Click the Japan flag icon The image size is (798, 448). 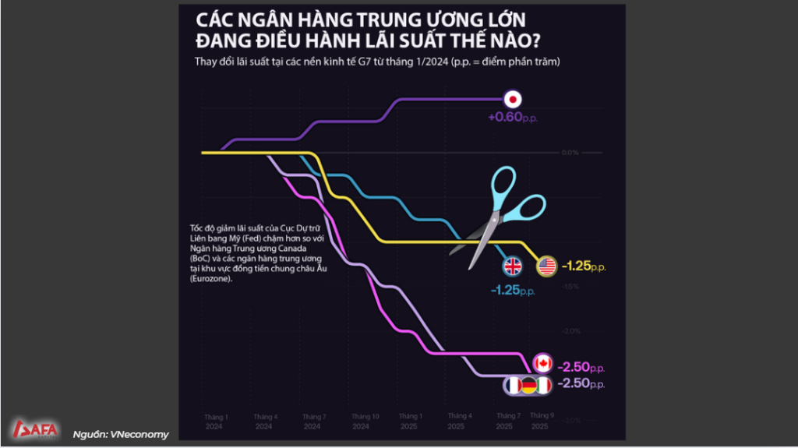point(513,99)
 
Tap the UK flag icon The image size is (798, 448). point(513,266)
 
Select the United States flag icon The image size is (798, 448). point(546,266)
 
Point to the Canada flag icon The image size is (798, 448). point(543,363)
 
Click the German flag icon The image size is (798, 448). point(528,385)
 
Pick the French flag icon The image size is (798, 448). point(513,385)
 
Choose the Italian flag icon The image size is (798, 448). point(543,385)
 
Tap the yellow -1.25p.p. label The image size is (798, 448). point(583,266)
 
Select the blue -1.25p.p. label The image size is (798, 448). point(512,290)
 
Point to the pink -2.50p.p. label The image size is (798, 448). point(582,366)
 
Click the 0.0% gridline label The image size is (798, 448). point(570,153)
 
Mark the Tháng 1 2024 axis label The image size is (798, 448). point(214,422)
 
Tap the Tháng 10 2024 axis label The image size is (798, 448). point(365,422)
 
